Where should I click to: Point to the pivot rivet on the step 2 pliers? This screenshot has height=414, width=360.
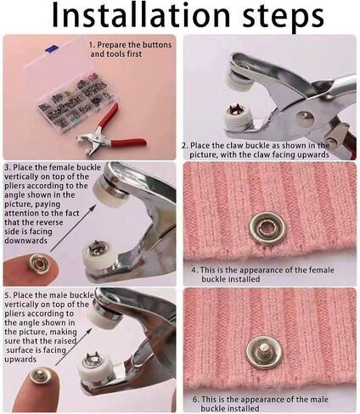(304, 119)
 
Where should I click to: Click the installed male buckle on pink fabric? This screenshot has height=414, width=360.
(264, 352)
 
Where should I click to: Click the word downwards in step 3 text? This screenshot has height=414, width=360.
(25, 241)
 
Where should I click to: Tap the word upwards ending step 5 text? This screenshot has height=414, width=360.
(20, 360)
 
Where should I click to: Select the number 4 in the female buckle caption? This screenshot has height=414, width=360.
(194, 270)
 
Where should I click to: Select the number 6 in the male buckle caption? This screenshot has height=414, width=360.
(196, 399)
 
